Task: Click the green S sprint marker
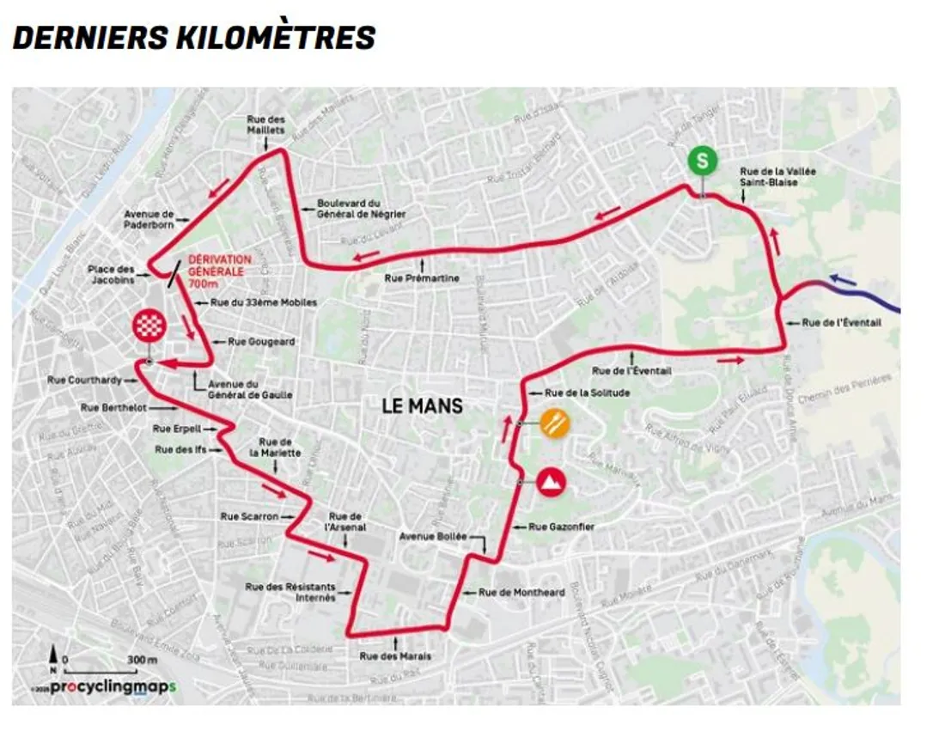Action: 703,160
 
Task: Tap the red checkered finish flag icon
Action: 148,324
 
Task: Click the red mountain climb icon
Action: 552,482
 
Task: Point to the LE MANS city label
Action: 423,405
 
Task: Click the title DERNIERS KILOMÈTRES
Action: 194,38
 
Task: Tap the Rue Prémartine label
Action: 422,278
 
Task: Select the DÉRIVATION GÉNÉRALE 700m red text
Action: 219,271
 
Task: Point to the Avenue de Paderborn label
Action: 149,219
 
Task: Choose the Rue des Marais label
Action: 395,656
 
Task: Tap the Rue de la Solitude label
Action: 588,393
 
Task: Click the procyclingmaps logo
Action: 113,686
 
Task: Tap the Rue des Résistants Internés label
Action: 290,592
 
